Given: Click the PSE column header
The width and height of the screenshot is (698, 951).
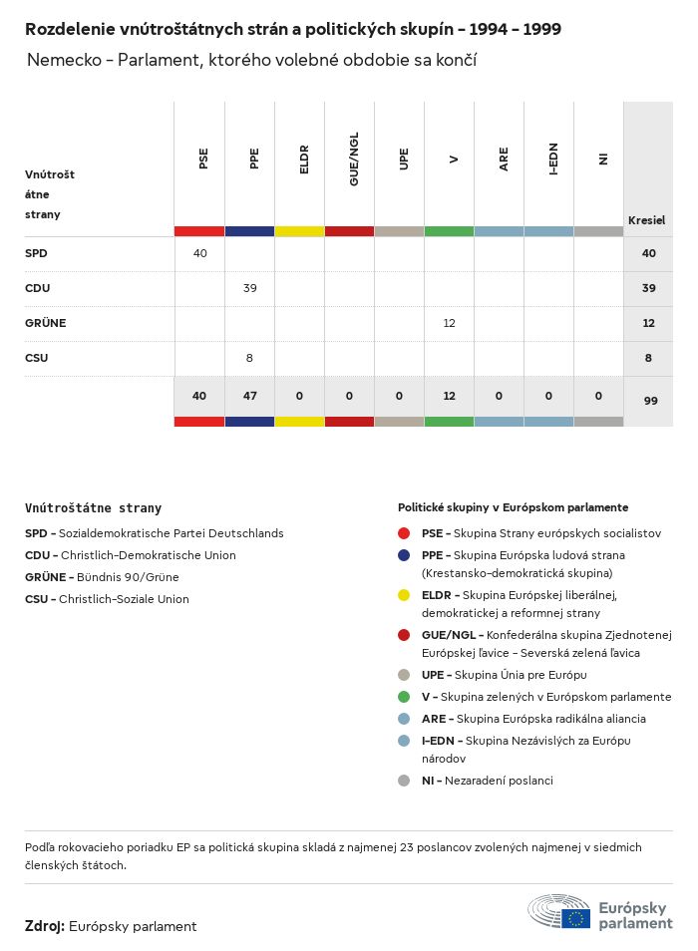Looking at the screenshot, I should (x=203, y=158).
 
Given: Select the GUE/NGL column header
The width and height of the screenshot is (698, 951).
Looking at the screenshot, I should (x=354, y=158).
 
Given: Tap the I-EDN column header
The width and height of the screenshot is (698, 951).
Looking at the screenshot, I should (x=553, y=158).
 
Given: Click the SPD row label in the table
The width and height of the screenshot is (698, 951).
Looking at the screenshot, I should (x=36, y=253).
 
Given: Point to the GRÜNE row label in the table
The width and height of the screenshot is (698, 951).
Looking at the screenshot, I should (x=45, y=323).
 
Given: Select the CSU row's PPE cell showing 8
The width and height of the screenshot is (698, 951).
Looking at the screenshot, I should (x=249, y=358).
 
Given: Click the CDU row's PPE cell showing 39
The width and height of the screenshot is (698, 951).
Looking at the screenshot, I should (x=249, y=288).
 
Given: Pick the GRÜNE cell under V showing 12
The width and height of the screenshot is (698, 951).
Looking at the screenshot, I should (x=449, y=323).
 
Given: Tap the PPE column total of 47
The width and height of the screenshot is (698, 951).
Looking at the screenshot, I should (x=249, y=396).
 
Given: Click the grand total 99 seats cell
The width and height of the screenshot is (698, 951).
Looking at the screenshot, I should (x=648, y=399).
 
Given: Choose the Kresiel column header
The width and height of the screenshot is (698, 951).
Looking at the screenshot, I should (x=646, y=220).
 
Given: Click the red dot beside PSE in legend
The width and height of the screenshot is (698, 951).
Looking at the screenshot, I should (x=404, y=533).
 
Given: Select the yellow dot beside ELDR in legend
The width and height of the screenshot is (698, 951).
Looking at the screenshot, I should (x=404, y=595).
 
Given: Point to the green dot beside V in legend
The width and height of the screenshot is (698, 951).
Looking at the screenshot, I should (x=404, y=697).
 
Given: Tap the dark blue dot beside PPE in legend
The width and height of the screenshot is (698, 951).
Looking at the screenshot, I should (x=404, y=555).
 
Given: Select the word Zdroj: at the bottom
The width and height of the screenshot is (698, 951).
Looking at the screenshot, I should (x=45, y=926).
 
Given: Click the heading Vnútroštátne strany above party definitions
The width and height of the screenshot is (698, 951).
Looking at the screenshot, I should (x=93, y=508).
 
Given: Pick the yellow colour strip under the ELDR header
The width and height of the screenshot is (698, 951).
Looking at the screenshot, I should (x=299, y=231).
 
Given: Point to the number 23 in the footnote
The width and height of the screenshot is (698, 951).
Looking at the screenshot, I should (x=407, y=847).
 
